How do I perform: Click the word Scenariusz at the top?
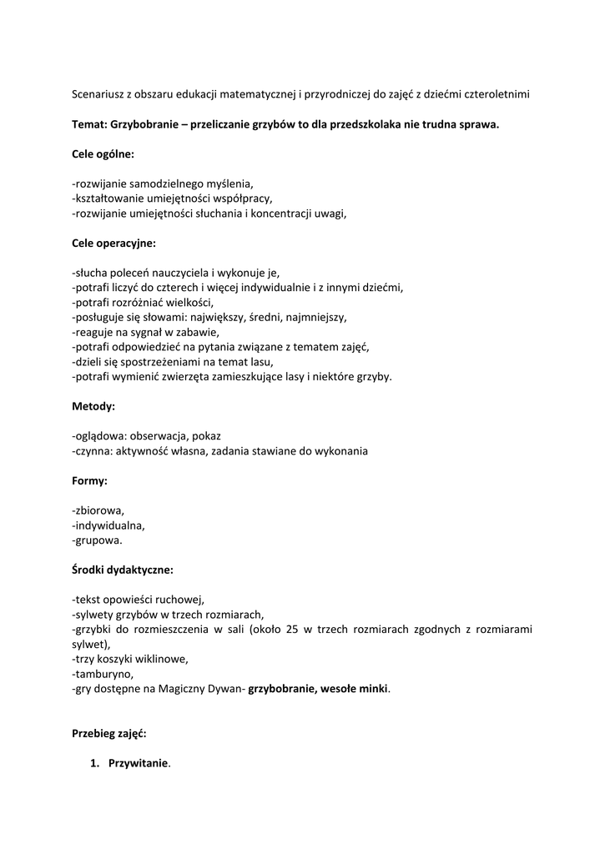point(100,94)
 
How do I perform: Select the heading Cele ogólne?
point(103,154)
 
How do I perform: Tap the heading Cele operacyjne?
point(113,244)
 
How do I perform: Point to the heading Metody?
point(93,406)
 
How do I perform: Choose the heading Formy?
point(89,481)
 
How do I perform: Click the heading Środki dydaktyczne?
point(123,570)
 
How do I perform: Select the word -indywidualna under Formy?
point(108,525)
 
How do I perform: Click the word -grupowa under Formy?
point(97,540)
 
